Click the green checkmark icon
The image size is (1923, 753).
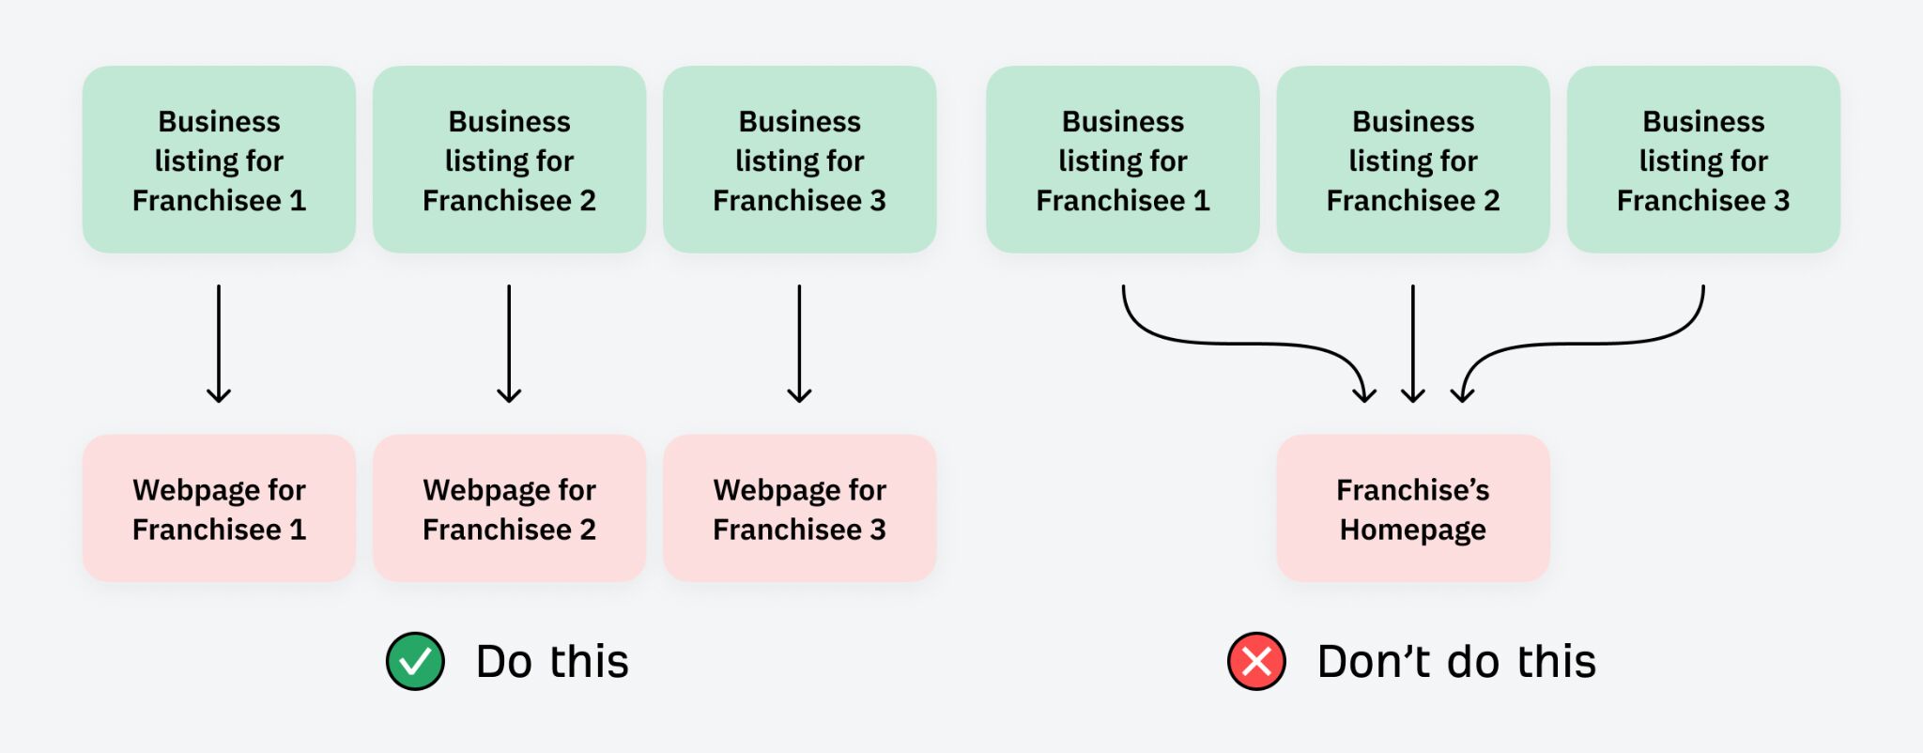click(415, 662)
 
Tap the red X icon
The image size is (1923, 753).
click(1256, 662)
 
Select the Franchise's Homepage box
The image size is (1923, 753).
click(1412, 508)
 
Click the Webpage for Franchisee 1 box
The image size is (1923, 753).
click(219, 508)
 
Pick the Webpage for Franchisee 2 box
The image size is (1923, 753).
click(509, 508)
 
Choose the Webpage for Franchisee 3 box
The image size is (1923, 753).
click(799, 508)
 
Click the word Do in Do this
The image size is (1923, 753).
click(504, 662)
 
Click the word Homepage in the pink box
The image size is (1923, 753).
click(1412, 530)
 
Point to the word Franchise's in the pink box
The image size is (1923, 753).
click(1412, 490)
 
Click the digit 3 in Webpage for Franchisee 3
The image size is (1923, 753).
click(878, 530)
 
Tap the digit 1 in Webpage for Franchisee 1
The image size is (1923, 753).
click(298, 530)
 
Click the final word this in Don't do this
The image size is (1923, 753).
click(1556, 662)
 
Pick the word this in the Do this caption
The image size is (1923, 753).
click(589, 662)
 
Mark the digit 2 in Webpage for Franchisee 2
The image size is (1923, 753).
click(588, 530)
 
